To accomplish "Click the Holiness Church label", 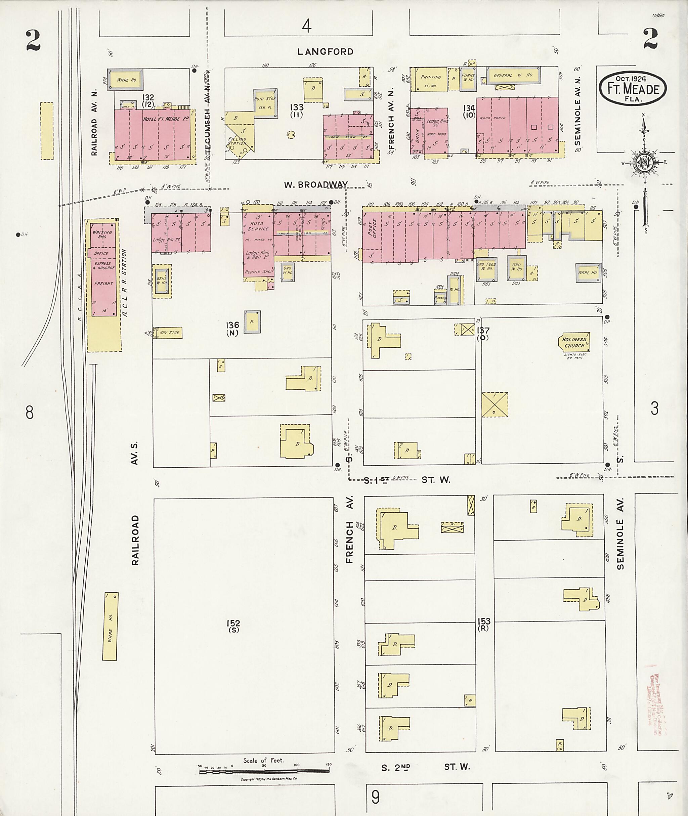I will click(574, 342).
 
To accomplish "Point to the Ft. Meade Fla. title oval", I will click(633, 89).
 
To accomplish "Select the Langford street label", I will click(325, 51).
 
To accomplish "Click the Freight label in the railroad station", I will click(103, 284).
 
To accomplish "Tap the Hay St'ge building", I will click(169, 333).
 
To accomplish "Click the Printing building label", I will click(431, 77).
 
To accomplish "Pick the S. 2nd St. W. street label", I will click(425, 767).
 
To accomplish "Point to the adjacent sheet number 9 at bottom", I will click(375, 798).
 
